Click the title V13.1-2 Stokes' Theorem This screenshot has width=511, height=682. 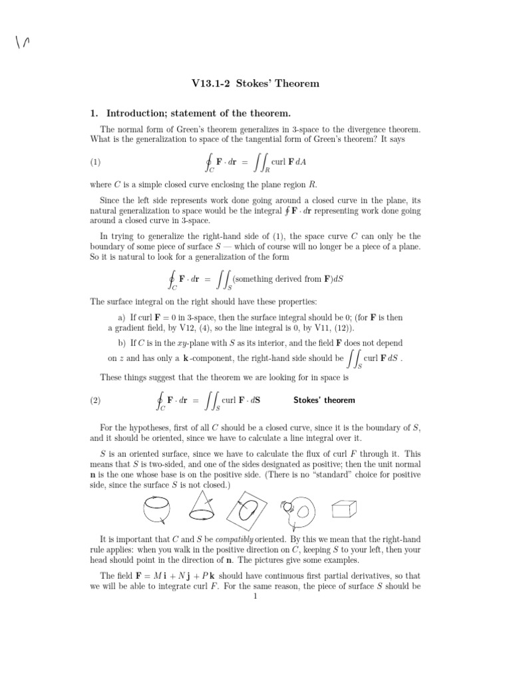point(255,84)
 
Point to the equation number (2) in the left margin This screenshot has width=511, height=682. point(98,400)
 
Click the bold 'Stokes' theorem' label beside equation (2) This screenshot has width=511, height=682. point(324,400)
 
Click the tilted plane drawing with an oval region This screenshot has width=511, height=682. point(250,511)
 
